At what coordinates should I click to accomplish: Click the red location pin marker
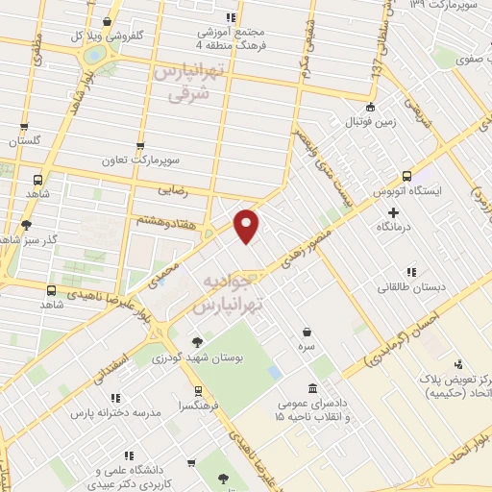click(x=248, y=226)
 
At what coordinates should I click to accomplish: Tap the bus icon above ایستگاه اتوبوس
click(x=406, y=177)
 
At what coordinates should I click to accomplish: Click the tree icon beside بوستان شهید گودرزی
click(x=197, y=341)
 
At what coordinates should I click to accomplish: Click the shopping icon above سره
click(x=306, y=332)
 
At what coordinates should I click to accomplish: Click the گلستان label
click(x=26, y=141)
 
